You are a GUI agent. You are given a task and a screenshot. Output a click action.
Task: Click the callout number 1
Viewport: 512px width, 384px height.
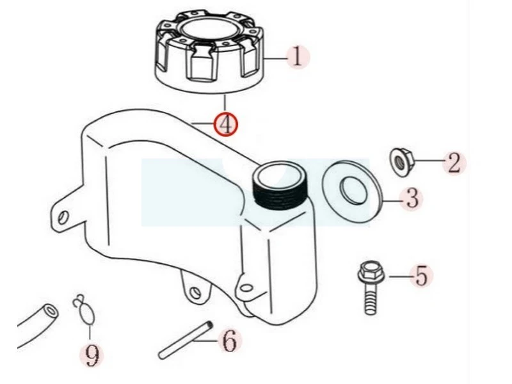coord(297,58)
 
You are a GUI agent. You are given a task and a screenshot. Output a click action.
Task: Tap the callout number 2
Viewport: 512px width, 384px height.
coord(454,163)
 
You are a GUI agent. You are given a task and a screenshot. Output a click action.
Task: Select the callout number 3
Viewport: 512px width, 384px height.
coord(412,198)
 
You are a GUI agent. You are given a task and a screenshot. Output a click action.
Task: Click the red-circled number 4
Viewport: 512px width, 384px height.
coord(226,124)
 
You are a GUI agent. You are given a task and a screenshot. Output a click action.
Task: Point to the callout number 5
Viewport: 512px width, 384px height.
coord(421,276)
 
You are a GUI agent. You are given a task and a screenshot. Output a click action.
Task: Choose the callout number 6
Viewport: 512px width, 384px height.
coord(230,340)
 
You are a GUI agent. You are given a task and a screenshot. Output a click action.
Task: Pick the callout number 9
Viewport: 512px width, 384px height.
coord(92,355)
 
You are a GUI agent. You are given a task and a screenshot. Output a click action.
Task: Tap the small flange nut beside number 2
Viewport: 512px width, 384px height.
coord(402,163)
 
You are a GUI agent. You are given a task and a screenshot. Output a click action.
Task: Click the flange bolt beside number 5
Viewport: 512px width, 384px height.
coord(371,287)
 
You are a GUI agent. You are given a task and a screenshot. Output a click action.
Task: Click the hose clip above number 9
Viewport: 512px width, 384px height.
coord(84,310)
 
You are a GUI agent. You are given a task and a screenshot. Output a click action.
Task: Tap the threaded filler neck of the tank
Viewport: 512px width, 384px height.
coord(280,185)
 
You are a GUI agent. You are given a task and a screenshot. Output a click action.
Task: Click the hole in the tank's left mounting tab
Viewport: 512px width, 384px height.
coord(63,217)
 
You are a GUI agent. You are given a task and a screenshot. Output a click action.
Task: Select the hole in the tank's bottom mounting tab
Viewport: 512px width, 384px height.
coord(195,292)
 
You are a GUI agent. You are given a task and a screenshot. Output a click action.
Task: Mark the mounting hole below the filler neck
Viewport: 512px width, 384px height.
coord(246,287)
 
